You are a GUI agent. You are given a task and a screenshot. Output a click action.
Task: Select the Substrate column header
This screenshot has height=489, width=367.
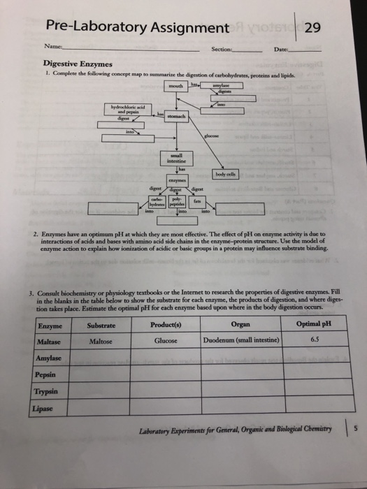101,323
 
